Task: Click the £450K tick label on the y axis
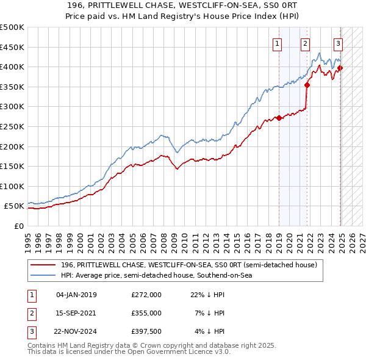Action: point(12,47)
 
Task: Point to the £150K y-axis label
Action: point(12,166)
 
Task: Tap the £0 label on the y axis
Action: point(18,226)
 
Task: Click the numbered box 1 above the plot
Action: point(278,43)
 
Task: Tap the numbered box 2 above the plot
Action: point(305,43)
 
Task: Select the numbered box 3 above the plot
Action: point(338,43)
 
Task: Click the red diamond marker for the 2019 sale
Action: point(279,118)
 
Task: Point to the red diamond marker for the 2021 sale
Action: point(307,85)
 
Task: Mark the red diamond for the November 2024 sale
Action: point(340,68)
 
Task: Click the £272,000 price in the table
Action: point(146,295)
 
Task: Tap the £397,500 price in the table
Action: point(146,331)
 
